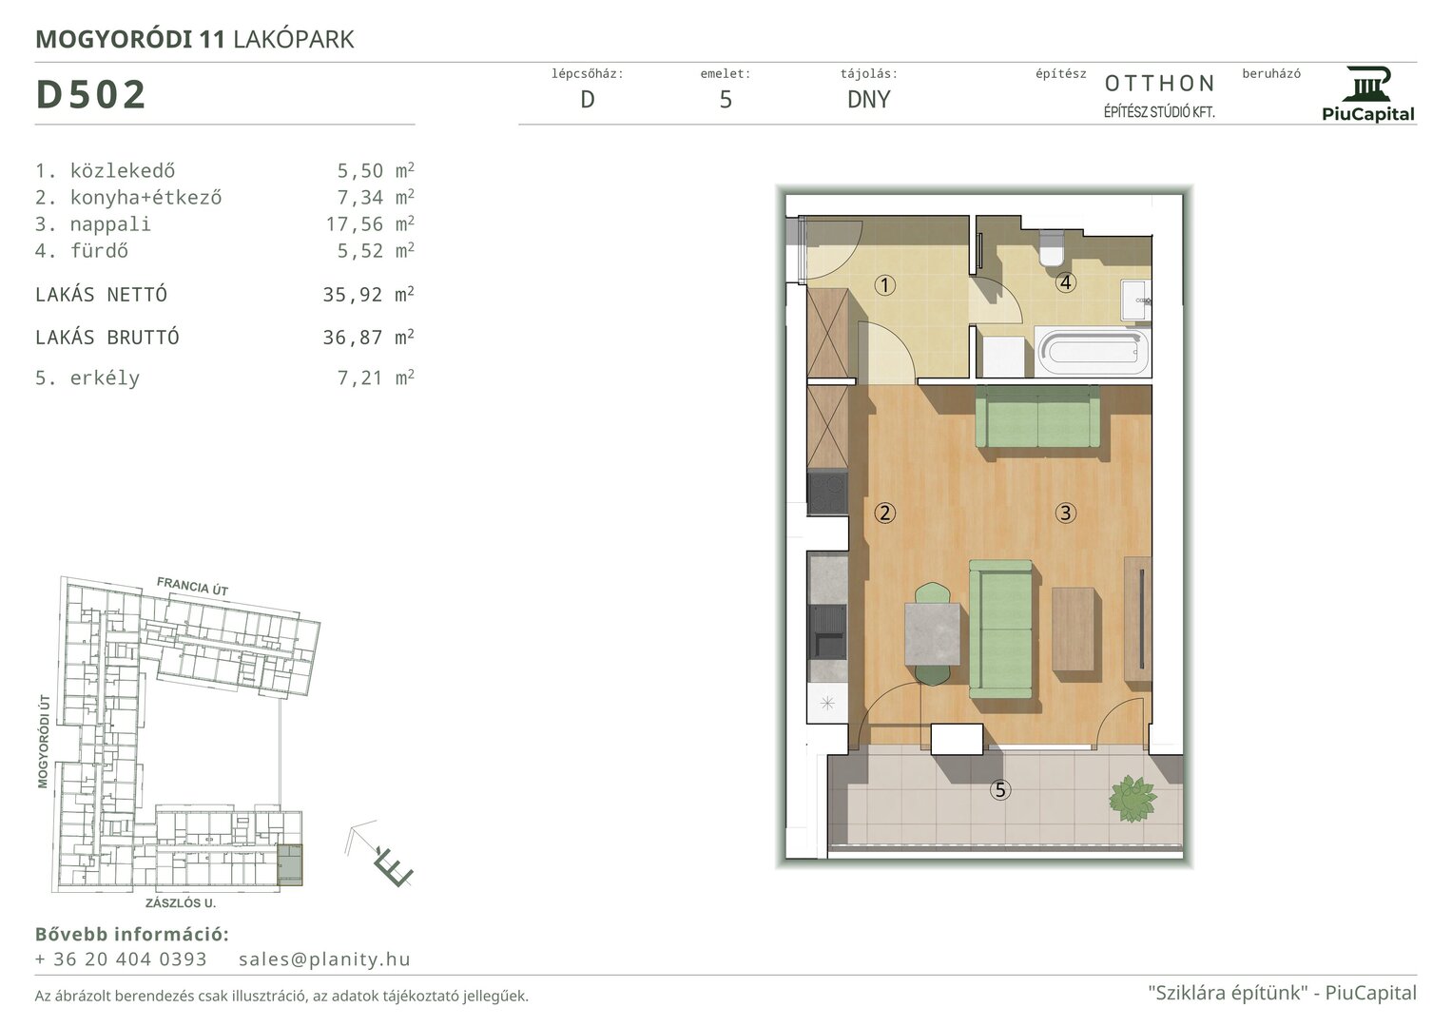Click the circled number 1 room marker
[885, 284]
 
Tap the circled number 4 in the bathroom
[1065, 282]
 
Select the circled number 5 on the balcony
[1000, 789]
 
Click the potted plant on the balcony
[1133, 799]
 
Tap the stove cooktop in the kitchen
[828, 494]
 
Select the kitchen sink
[828, 632]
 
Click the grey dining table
[932, 633]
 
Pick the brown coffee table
[1073, 629]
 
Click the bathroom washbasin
[1135, 300]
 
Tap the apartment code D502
[90, 95]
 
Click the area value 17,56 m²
[370, 223]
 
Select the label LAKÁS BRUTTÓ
[106, 338]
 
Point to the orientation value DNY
[868, 99]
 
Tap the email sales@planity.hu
[324, 959]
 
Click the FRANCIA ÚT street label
[192, 586]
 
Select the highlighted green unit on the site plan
[290, 865]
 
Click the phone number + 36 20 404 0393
[121, 959]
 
